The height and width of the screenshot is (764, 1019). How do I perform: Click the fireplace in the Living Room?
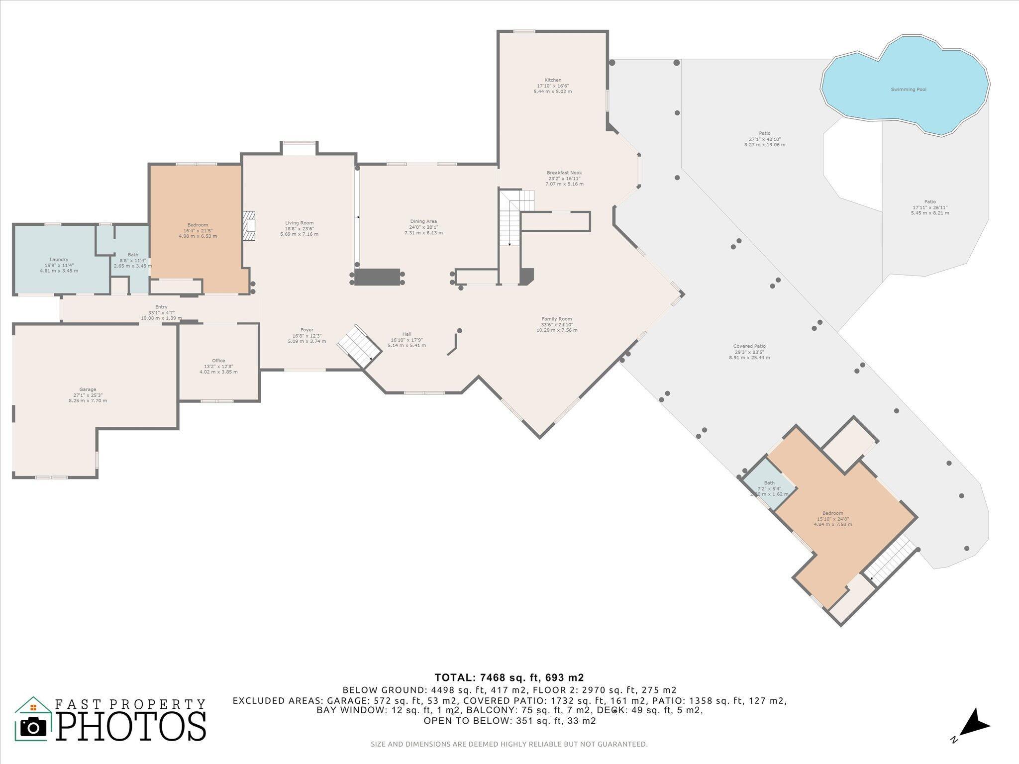249,226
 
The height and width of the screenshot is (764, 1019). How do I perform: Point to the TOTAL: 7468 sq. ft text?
509,677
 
